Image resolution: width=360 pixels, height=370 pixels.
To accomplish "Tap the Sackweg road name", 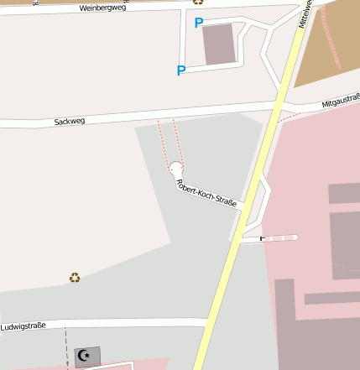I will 70,121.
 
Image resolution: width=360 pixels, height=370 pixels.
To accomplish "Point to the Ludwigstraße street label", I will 23,325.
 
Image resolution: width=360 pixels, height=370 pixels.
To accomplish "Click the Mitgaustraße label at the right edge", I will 340,104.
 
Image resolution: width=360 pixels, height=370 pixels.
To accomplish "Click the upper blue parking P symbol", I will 199,23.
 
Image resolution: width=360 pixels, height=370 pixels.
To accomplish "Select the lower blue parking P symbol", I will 180,70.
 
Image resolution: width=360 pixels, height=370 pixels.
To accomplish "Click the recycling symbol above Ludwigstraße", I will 75,277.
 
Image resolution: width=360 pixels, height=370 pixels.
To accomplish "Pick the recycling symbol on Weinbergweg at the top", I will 198,3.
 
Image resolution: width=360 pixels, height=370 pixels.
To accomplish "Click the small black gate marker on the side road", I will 262,238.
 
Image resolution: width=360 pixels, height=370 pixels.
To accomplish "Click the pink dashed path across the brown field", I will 331,38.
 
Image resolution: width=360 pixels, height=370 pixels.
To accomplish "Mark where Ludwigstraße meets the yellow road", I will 208,322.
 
